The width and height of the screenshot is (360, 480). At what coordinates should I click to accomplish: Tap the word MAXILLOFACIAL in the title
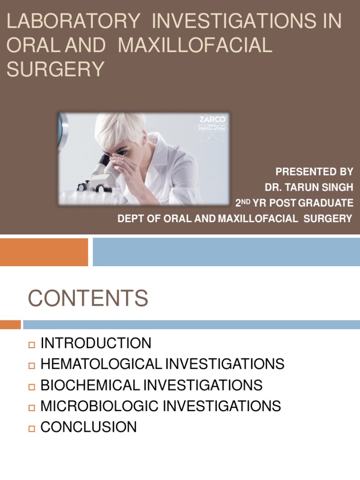pos(195,45)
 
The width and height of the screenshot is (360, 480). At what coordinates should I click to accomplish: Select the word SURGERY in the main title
pos(55,69)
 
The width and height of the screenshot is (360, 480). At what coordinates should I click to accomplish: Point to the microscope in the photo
pos(99,174)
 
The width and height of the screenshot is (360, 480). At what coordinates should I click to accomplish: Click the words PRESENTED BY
pos(314,172)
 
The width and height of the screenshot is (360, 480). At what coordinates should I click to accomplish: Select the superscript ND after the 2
pos(247,201)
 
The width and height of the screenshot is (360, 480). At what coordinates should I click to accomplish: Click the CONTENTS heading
pos(88,299)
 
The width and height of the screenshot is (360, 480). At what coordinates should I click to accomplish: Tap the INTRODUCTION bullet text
pos(96,343)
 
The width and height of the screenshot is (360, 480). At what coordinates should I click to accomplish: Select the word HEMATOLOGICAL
pos(100,364)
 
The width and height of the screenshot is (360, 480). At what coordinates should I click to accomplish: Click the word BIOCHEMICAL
pos(90,385)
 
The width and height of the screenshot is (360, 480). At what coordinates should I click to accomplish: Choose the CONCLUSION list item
pos(89,427)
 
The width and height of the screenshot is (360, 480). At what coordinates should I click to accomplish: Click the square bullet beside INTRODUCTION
pos(32,345)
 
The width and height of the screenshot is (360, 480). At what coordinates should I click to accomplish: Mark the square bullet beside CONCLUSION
pos(32,428)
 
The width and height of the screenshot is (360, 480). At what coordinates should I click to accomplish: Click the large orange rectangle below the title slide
pos(44,252)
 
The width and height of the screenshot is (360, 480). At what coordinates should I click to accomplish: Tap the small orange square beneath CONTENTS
pos(10,324)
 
